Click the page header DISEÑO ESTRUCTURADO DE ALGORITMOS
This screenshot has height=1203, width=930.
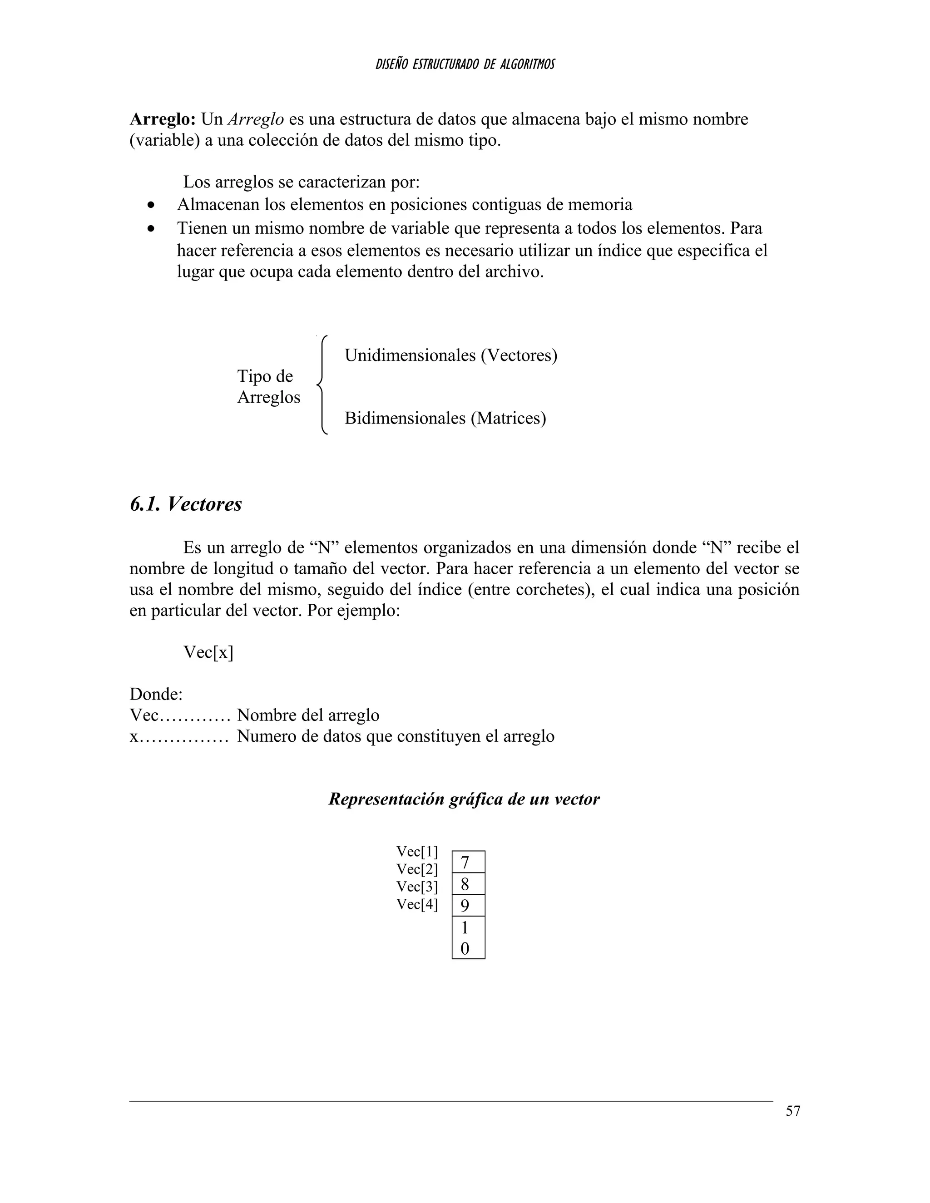(465, 64)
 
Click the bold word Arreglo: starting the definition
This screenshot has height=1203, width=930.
(163, 119)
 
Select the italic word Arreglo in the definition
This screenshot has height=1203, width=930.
(256, 119)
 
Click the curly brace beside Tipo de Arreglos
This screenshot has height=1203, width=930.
(322, 385)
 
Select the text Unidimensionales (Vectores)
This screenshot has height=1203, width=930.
(450, 355)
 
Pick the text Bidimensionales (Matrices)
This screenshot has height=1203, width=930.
(445, 418)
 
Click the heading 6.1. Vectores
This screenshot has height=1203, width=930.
(186, 504)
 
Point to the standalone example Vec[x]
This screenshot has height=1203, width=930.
(208, 652)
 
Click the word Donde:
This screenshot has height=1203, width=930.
(156, 694)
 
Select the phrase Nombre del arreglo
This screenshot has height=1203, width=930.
(308, 715)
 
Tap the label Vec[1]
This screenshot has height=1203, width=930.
(417, 852)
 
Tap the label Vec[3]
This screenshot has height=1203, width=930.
(417, 887)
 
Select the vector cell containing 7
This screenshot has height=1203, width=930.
(468, 862)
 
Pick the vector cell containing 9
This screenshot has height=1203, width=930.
(468, 906)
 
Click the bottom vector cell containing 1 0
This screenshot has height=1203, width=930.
(468, 937)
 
